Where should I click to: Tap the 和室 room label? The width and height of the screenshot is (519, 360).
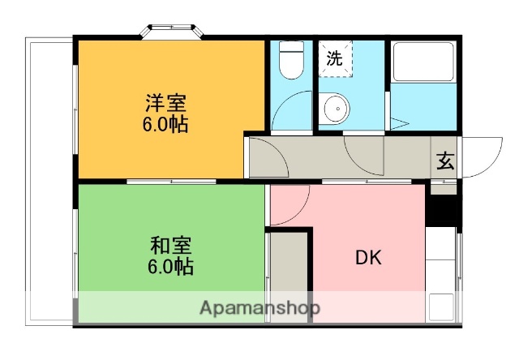click(170, 244)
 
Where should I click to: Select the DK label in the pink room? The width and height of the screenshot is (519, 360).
click(368, 259)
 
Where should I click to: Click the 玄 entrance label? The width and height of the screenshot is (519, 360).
click(445, 161)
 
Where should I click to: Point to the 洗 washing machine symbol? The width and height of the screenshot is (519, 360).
click(334, 58)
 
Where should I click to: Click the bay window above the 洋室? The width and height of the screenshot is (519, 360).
click(173, 32)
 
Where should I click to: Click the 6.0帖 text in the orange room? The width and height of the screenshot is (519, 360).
click(167, 126)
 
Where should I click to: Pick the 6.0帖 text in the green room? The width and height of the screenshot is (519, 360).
click(170, 265)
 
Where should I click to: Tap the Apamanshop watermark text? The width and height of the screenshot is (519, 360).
click(260, 308)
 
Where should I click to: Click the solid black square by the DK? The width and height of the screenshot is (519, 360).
click(443, 210)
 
